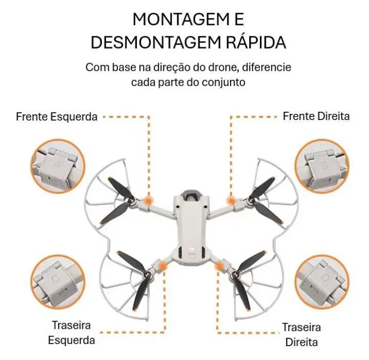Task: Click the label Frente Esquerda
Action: click(x=56, y=116)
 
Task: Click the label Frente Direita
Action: click(x=316, y=116)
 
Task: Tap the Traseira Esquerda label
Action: click(x=71, y=332)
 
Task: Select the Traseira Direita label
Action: click(x=302, y=334)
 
